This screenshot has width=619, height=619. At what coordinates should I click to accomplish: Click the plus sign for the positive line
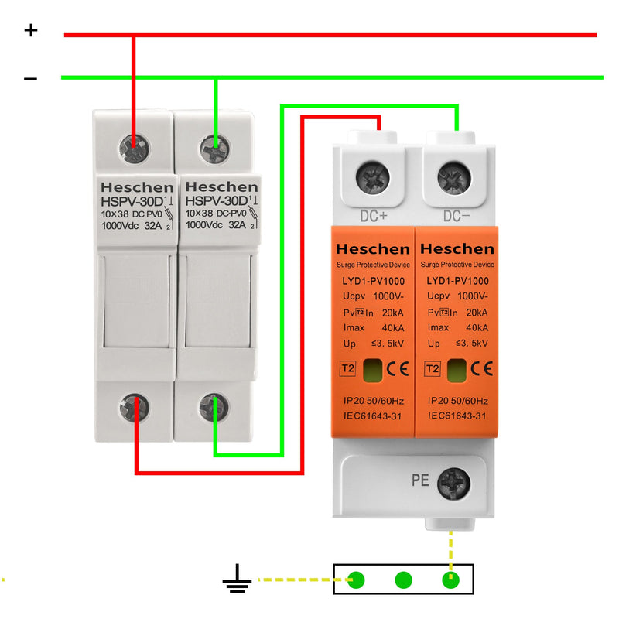pyautogui.click(x=30, y=30)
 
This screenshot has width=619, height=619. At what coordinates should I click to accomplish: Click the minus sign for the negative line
pyautogui.click(x=30, y=78)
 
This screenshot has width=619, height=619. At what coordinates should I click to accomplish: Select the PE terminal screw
pyautogui.click(x=453, y=484)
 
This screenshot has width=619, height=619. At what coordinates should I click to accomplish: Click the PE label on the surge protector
pyautogui.click(x=420, y=480)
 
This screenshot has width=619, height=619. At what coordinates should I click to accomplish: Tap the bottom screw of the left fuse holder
pyautogui.click(x=135, y=407)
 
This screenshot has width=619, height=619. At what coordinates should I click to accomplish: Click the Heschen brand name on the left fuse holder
pyautogui.click(x=136, y=187)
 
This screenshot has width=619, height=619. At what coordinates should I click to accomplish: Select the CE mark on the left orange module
pyautogui.click(x=397, y=368)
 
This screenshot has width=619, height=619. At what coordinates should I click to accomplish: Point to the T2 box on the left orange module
pyautogui.click(x=347, y=368)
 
